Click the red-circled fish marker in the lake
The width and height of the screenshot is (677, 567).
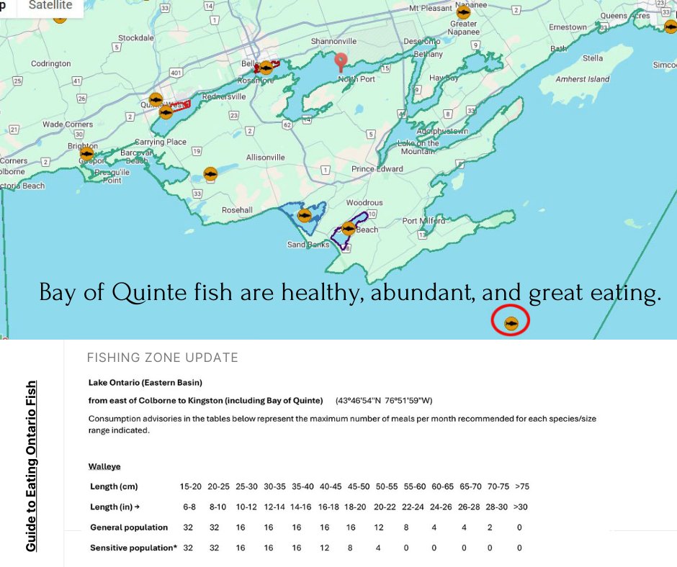pos(511,323)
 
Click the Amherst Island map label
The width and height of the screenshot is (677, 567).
pos(583,79)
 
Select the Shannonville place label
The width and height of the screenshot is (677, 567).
pos(333,41)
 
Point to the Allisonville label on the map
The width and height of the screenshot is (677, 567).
pos(265,157)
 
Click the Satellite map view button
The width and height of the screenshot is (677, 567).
pos(50,6)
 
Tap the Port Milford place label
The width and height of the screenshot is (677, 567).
pos(423,221)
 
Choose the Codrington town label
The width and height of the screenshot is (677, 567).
pos(50,63)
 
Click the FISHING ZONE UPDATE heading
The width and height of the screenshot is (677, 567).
pos(162,358)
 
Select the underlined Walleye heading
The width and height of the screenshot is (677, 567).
pos(104,466)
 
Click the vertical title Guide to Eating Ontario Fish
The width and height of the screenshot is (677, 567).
pos(31,466)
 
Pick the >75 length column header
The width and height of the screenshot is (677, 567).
pos(521,486)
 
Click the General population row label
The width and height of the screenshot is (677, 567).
pos(129,527)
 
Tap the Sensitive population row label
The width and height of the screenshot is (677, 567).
pos(133,548)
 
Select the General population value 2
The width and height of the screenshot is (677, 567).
pos(490,527)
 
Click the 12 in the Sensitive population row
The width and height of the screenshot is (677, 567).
pos(324,548)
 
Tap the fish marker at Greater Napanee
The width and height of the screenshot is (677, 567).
pos(463,12)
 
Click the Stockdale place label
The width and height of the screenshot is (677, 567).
pos(136,37)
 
